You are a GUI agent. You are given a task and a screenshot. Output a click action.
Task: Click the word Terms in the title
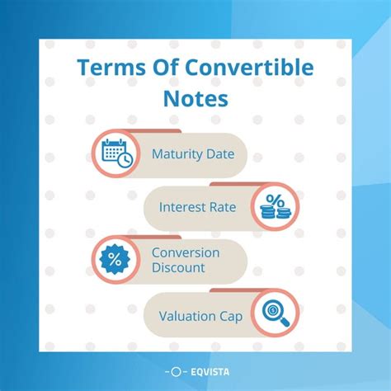click(101, 68)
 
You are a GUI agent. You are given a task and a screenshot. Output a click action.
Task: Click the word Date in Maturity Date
click(220, 154)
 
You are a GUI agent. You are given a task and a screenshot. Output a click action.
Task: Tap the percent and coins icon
click(275, 206)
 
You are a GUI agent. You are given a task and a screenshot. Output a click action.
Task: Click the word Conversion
click(186, 252)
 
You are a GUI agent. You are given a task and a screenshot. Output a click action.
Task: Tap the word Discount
click(178, 268)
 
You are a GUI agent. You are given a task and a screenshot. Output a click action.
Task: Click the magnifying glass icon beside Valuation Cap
click(275, 313)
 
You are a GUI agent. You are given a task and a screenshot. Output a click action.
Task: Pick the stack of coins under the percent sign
click(275, 214)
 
